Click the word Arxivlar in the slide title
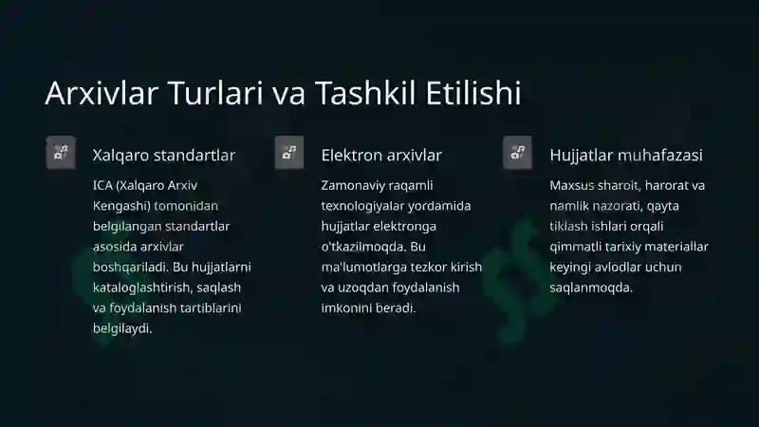tap(102, 92)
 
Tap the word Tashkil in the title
tap(365, 92)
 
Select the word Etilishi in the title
tap(473, 92)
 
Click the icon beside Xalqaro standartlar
tap(61, 153)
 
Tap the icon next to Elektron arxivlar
tap(289, 153)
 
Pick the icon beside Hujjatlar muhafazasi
tap(517, 153)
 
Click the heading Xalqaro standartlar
tap(164, 156)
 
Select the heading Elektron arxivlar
tap(381, 156)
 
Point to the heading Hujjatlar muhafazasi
tap(626, 156)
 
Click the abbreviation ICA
tap(102, 185)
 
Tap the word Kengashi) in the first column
tap(122, 206)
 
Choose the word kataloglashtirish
tap(138, 288)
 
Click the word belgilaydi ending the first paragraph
tap(122, 328)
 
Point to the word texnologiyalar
tap(357, 206)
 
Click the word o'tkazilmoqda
tap(364, 247)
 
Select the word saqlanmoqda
tap(591, 288)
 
